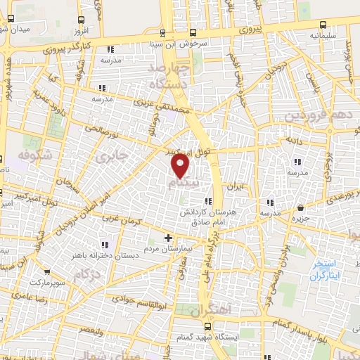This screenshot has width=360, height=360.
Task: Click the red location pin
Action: [x=181, y=166]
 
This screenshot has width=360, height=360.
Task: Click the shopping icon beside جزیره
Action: [x=301, y=207]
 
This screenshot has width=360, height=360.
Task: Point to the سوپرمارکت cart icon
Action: [x=47, y=272]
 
